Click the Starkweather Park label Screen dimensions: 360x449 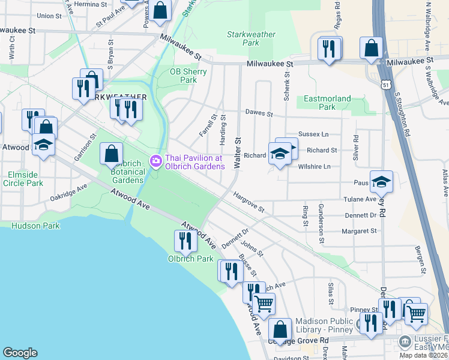[243, 38]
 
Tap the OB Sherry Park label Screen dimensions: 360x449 [188, 76]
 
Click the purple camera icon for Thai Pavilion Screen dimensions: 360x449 [155, 160]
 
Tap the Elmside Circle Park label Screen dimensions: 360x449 [23, 179]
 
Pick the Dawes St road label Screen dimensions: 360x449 [259, 113]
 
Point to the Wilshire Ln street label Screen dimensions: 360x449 [314, 166]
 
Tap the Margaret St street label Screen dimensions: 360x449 [358, 230]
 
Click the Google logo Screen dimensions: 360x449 [20, 353]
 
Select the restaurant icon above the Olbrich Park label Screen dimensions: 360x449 [185, 241]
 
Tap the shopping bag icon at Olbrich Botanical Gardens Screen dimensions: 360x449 [111, 154]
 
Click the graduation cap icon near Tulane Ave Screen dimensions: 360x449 [381, 181]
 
